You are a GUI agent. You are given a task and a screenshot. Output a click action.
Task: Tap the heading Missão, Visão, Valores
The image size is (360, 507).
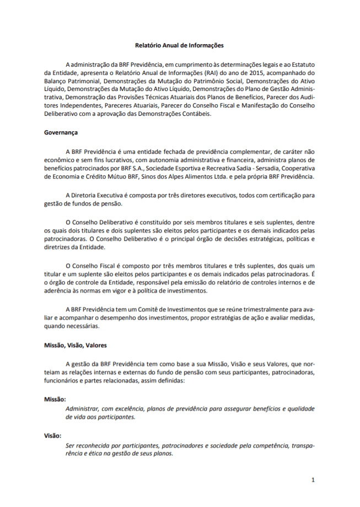[x=76, y=346]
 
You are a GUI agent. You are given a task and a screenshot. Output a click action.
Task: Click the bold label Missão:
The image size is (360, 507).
[x=55, y=398]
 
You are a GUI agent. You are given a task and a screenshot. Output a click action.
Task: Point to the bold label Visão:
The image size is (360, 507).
[x=53, y=435]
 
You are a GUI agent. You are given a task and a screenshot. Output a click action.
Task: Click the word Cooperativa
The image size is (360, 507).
[x=296, y=168]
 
